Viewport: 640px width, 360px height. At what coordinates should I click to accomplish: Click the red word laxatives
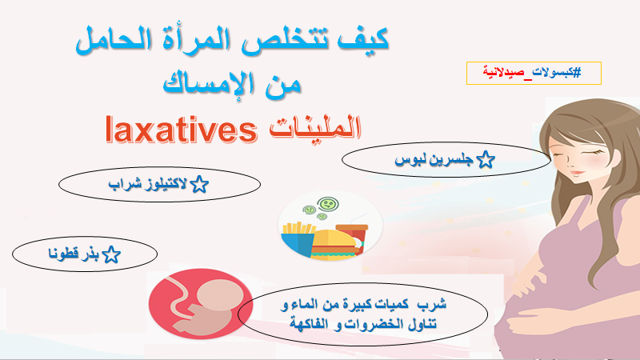point(182,130)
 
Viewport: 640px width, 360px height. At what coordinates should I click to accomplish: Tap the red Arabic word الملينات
point(315,128)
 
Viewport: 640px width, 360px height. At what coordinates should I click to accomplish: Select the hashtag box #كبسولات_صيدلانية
point(534,73)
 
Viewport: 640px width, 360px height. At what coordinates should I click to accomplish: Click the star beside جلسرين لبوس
point(486,159)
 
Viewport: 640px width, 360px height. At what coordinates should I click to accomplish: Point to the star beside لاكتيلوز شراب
point(199,185)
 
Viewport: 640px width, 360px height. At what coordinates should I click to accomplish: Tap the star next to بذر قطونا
point(111,254)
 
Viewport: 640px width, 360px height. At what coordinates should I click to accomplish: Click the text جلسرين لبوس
point(434,159)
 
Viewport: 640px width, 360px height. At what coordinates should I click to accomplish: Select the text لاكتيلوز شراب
point(148,184)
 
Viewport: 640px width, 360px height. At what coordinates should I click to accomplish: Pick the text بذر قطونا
point(74,254)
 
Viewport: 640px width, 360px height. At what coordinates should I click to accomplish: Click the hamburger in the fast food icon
point(332,245)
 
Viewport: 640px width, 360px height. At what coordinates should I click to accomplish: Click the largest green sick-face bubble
point(328,203)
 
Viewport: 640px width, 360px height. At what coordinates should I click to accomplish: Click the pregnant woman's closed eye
point(594,152)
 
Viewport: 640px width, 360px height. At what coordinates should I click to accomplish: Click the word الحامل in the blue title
point(113,41)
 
